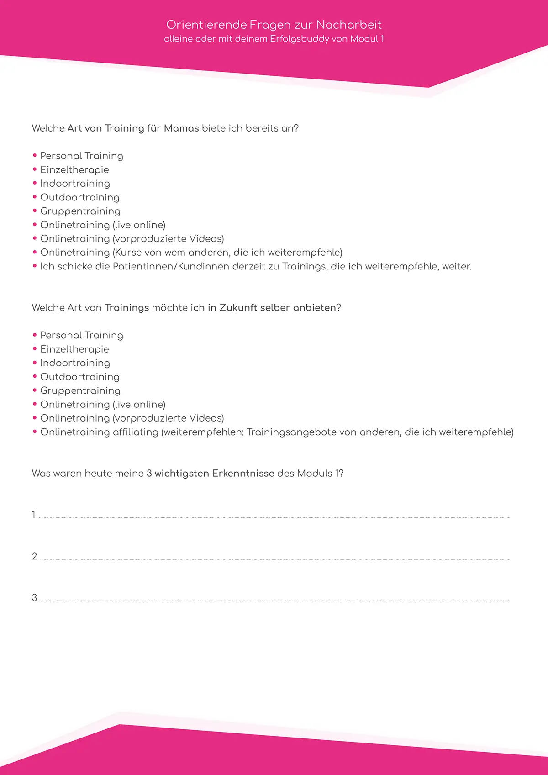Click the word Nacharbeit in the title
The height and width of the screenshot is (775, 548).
tap(349, 25)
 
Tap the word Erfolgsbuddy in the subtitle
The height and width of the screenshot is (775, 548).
tap(300, 39)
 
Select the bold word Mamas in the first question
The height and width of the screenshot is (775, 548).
tap(181, 128)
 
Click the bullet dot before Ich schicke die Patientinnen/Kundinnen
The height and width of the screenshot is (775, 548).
tap(35, 266)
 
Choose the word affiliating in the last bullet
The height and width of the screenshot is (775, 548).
tap(135, 432)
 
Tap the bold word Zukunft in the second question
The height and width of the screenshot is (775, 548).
tap(238, 308)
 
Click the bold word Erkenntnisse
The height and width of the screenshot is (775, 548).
tap(243, 474)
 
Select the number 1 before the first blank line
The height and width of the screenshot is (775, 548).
tap(34, 515)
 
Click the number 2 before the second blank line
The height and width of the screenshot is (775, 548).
tap(34, 556)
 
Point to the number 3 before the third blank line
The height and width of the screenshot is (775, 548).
tap(34, 598)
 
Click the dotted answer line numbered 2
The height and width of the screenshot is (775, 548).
tap(274, 559)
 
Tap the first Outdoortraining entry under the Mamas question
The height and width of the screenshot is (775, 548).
tap(80, 197)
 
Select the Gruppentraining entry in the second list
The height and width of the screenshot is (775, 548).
tap(80, 391)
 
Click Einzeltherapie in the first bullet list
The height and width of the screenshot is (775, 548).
tap(74, 170)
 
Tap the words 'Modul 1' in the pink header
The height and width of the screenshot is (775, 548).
tap(367, 39)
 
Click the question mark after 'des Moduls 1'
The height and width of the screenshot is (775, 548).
tap(341, 474)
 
